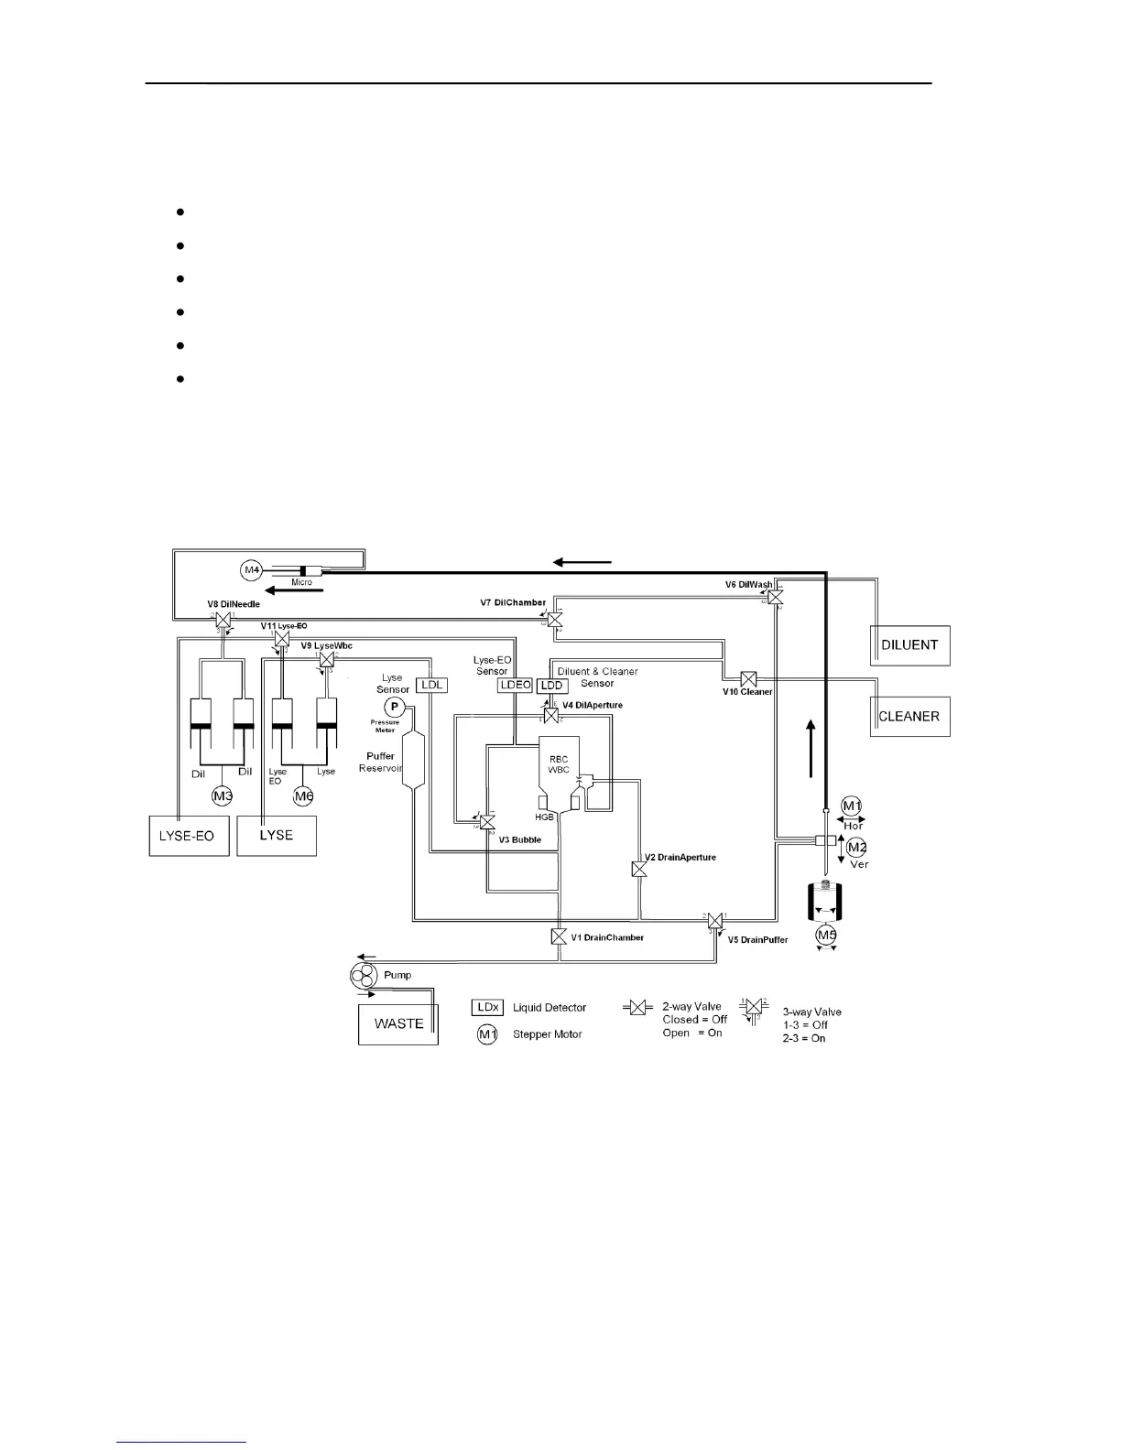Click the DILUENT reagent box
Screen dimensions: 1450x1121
[x=909, y=645]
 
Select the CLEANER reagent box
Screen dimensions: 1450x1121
[x=909, y=716]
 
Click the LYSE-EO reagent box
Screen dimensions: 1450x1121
[x=188, y=836]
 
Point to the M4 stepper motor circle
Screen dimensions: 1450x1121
[x=252, y=570]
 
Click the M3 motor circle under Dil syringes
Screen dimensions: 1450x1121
[x=223, y=796]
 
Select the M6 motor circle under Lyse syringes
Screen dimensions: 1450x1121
[x=304, y=796]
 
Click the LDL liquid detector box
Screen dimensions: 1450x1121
[x=431, y=685]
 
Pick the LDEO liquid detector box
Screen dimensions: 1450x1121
[x=514, y=685]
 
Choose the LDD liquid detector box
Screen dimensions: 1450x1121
[x=551, y=686]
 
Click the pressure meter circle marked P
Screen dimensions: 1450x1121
[x=394, y=706]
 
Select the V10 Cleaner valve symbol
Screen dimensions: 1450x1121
[x=748, y=679]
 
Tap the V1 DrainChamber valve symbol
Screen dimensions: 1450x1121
[x=559, y=936]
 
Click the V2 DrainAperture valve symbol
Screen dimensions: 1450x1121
[x=639, y=869]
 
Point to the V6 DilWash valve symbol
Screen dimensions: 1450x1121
[x=776, y=597]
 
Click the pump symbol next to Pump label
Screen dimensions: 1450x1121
[x=364, y=976]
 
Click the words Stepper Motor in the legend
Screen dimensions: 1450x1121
[x=548, y=1034]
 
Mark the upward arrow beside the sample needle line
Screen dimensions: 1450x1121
[x=810, y=747]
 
